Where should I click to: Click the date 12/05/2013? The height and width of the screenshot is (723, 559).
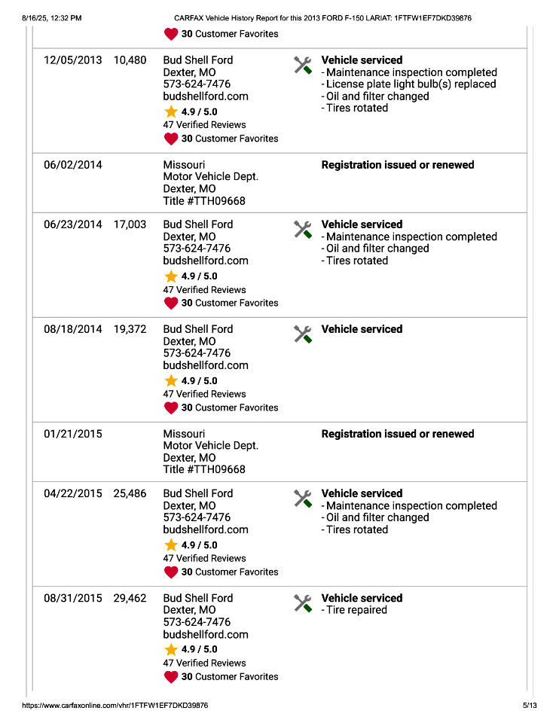pyautogui.click(x=72, y=60)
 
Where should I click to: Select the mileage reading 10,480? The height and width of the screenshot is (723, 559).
pyautogui.click(x=130, y=60)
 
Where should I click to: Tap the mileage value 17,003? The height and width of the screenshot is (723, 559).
pyautogui.click(x=130, y=224)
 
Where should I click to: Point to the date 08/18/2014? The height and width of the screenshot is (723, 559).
pyautogui.click(x=72, y=329)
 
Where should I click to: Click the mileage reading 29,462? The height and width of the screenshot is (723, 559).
pyautogui.click(x=130, y=598)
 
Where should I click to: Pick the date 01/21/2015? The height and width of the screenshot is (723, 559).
pyautogui.click(x=72, y=434)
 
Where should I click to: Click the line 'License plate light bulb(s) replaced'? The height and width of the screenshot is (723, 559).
pyautogui.click(x=411, y=84)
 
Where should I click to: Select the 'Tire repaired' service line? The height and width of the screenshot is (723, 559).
pyautogui.click(x=356, y=610)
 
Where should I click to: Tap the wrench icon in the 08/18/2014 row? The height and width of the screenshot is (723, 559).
pyautogui.click(x=303, y=334)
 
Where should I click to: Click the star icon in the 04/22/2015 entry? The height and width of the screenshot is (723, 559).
pyautogui.click(x=171, y=545)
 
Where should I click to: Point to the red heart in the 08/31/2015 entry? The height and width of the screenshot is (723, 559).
pyautogui.click(x=171, y=676)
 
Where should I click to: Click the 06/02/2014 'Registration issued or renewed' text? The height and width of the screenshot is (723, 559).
pyautogui.click(x=398, y=165)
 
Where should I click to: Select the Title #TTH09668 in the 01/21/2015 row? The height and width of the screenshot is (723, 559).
pyautogui.click(x=204, y=469)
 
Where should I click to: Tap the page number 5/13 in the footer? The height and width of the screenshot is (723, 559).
pyautogui.click(x=530, y=706)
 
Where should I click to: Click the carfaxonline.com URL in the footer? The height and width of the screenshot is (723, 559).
pyautogui.click(x=115, y=706)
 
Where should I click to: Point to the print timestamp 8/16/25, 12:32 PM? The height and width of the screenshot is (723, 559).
pyautogui.click(x=52, y=17)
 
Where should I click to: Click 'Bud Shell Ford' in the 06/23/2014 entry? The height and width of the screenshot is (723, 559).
pyautogui.click(x=198, y=224)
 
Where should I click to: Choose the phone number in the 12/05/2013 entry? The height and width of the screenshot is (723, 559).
pyautogui.click(x=197, y=84)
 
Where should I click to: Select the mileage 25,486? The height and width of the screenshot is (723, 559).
pyautogui.click(x=130, y=493)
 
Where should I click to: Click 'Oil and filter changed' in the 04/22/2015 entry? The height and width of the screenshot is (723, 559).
pyautogui.click(x=377, y=517)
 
